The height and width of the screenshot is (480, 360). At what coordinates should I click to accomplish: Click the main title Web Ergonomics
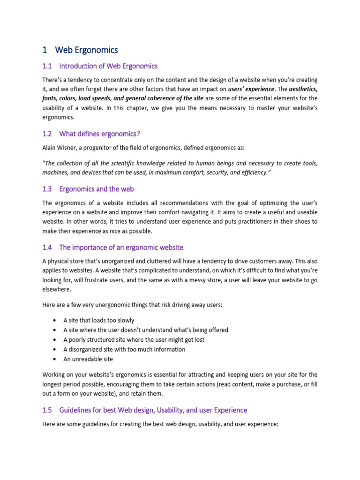86,50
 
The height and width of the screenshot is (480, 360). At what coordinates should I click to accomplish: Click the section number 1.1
47,66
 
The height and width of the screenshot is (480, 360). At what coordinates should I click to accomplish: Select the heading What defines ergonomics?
100,134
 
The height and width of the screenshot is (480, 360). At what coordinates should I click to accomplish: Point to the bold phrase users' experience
250,89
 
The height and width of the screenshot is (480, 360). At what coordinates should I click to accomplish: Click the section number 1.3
47,189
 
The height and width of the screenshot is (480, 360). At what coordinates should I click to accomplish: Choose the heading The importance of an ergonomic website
121,247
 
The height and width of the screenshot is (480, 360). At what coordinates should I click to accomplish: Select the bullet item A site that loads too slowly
98,320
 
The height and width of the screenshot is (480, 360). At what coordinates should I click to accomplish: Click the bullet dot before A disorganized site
55,349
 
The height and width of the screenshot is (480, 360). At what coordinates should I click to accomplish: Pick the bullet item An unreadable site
88,359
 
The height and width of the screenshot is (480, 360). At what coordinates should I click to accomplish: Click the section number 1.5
47,410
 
